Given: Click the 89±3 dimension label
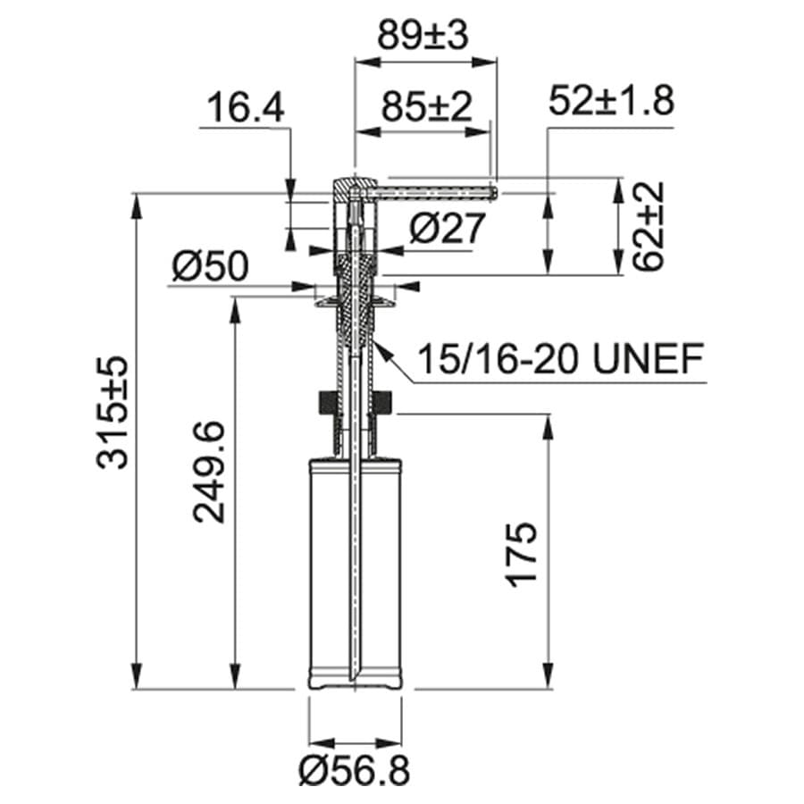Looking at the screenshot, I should pos(425,36).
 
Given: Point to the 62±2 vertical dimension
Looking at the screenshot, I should pos(649,227).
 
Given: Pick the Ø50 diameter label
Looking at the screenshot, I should pos(211,265).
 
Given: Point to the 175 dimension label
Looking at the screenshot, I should pos(523,555).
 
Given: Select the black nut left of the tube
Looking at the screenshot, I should pos(326,403).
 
